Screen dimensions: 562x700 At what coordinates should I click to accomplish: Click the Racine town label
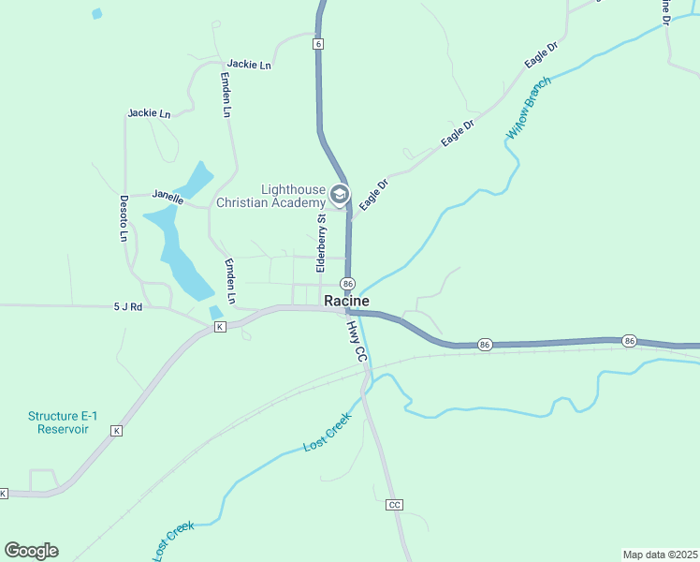[x=346, y=301]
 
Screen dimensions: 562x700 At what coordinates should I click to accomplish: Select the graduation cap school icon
[x=339, y=196]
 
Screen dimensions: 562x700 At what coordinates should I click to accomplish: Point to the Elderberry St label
[x=321, y=244]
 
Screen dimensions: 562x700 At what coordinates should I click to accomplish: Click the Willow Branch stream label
[x=529, y=108]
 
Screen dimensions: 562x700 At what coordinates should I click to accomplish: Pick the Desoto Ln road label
[x=123, y=217]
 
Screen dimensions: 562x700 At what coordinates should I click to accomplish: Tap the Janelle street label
[x=168, y=197]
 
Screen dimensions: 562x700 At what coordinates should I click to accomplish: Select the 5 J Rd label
[x=128, y=306]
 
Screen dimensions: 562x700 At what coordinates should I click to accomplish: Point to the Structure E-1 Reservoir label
[x=58, y=422]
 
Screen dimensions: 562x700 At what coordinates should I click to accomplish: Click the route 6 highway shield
[x=319, y=44]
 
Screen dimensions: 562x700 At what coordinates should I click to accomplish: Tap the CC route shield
[x=394, y=504]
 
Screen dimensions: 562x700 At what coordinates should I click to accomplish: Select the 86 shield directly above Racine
[x=348, y=283]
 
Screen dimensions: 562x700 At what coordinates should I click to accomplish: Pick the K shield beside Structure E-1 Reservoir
[x=116, y=431]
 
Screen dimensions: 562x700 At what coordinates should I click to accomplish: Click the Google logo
[x=31, y=550]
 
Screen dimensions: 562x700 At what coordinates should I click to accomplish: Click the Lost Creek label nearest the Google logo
[x=173, y=540]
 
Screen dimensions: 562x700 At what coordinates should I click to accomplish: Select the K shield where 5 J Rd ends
[x=220, y=327]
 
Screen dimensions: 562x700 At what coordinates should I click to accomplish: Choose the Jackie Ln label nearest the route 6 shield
[x=249, y=65]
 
